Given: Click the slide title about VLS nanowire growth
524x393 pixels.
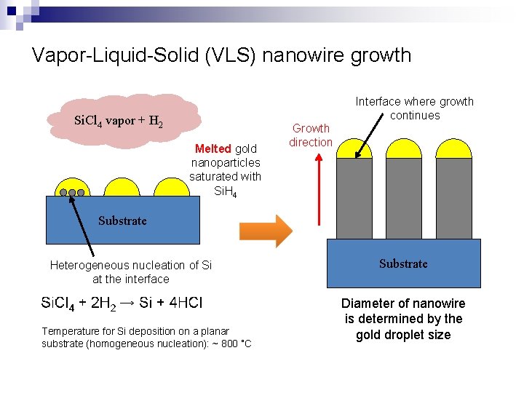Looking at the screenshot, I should pyautogui.click(x=221, y=55).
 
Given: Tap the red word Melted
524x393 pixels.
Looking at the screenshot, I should pyautogui.click(x=213, y=149).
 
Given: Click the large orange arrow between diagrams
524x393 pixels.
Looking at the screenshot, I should pyautogui.click(x=265, y=231).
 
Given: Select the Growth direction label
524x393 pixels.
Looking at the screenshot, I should pyautogui.click(x=311, y=135).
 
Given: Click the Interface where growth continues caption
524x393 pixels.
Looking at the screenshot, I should pyautogui.click(x=414, y=108).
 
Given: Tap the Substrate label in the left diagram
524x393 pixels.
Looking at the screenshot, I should pyautogui.click(x=122, y=221).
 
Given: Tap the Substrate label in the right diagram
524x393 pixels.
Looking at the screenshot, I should pyautogui.click(x=403, y=263).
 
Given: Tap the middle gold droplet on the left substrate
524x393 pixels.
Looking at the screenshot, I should pyautogui.click(x=122, y=187).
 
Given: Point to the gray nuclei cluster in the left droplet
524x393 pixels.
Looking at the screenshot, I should pyautogui.click(x=72, y=193).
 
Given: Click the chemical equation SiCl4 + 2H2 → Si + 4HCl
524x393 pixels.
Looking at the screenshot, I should pyautogui.click(x=122, y=303).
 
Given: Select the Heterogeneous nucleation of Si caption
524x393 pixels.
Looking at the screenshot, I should pyautogui.click(x=131, y=272).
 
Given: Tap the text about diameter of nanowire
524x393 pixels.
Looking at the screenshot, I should pyautogui.click(x=403, y=319).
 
